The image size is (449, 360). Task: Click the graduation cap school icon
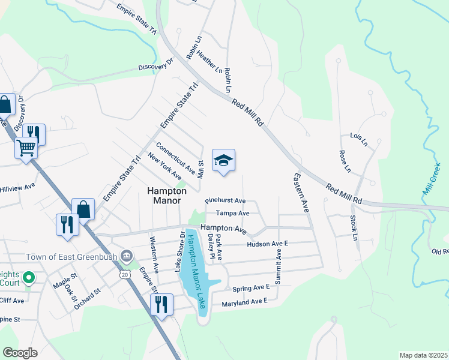(x=223, y=160)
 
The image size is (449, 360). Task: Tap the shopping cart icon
(x=26, y=147)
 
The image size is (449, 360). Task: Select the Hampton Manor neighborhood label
(x=167, y=195)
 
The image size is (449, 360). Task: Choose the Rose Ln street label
(x=344, y=160)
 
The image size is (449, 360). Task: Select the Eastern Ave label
(x=301, y=193)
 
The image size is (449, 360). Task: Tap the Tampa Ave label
(x=232, y=213)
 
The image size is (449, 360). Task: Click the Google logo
(x=19, y=353)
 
